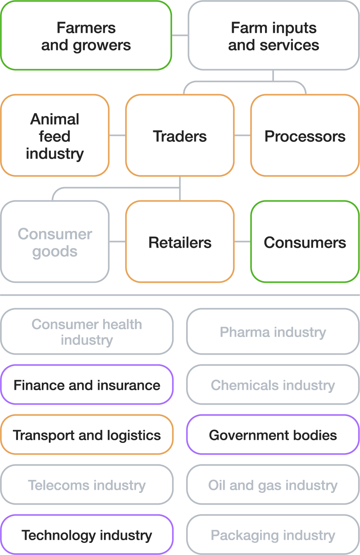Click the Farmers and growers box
(86, 36)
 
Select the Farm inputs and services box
(274, 36)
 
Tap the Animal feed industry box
(55, 136)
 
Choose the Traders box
(180, 136)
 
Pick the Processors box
(305, 136)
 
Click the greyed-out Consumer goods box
(55, 242)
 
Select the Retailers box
(180, 242)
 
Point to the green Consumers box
(305, 242)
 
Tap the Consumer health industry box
(87, 332)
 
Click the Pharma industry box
(273, 332)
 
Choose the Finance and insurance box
(87, 385)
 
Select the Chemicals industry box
(273, 385)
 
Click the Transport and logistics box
(87, 435)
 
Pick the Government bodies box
(273, 435)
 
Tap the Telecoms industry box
(87, 485)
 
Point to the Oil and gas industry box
(273, 485)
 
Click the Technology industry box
(87, 535)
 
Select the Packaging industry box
(273, 535)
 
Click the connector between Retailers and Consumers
(242, 242)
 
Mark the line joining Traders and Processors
(242, 136)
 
